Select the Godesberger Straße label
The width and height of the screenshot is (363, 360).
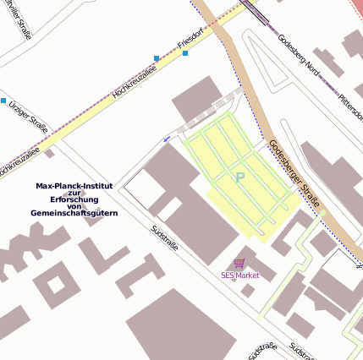[x=294, y=172]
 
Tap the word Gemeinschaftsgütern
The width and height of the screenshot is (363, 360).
[x=74, y=213]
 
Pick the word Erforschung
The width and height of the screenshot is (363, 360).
[x=74, y=199]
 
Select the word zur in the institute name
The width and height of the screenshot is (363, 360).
[x=74, y=193]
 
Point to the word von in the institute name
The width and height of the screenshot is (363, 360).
[x=74, y=206]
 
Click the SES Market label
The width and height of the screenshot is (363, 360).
[x=240, y=275]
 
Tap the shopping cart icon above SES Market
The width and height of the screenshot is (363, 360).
[x=239, y=264]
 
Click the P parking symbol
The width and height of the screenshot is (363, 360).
[x=239, y=177]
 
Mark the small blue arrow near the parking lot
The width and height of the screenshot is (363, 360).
[x=166, y=138]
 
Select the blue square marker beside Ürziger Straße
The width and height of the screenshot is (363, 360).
[x=3, y=101]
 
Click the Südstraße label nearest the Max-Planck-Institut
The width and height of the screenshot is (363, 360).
[x=164, y=241]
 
